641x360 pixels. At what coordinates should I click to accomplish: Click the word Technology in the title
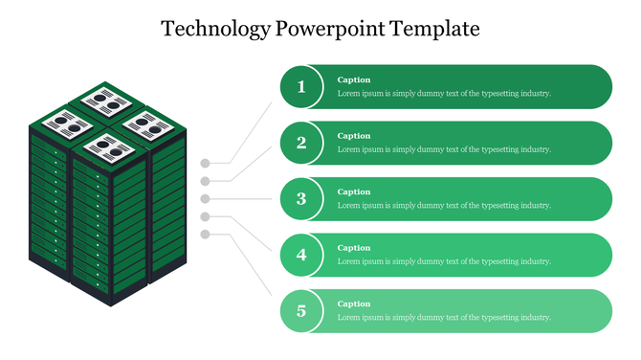[215, 29]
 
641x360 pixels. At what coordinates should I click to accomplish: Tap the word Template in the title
[434, 29]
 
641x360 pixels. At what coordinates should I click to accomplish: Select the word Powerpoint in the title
[330, 29]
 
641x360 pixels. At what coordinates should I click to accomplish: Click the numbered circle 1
[301, 87]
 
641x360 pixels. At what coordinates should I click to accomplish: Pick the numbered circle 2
[301, 144]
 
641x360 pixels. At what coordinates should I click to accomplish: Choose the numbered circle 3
[301, 199]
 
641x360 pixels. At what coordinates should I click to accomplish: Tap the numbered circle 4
[301, 255]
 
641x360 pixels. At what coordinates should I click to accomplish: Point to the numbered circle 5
[301, 311]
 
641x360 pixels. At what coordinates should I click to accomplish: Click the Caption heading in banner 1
[354, 79]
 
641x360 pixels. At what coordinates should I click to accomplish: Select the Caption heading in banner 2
[354, 136]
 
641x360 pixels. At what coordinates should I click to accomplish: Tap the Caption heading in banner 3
[354, 191]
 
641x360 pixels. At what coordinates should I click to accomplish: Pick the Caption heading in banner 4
[354, 248]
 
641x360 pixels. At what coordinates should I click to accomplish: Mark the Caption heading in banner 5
[354, 304]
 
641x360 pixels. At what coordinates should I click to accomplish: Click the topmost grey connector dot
[205, 163]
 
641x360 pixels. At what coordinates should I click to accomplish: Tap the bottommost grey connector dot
[205, 235]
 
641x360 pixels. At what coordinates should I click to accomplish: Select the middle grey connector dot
[205, 199]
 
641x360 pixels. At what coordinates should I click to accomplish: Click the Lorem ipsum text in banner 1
[444, 94]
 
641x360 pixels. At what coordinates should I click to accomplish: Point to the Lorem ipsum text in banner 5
[444, 318]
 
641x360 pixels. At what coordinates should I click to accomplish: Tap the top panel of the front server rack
[108, 146]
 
